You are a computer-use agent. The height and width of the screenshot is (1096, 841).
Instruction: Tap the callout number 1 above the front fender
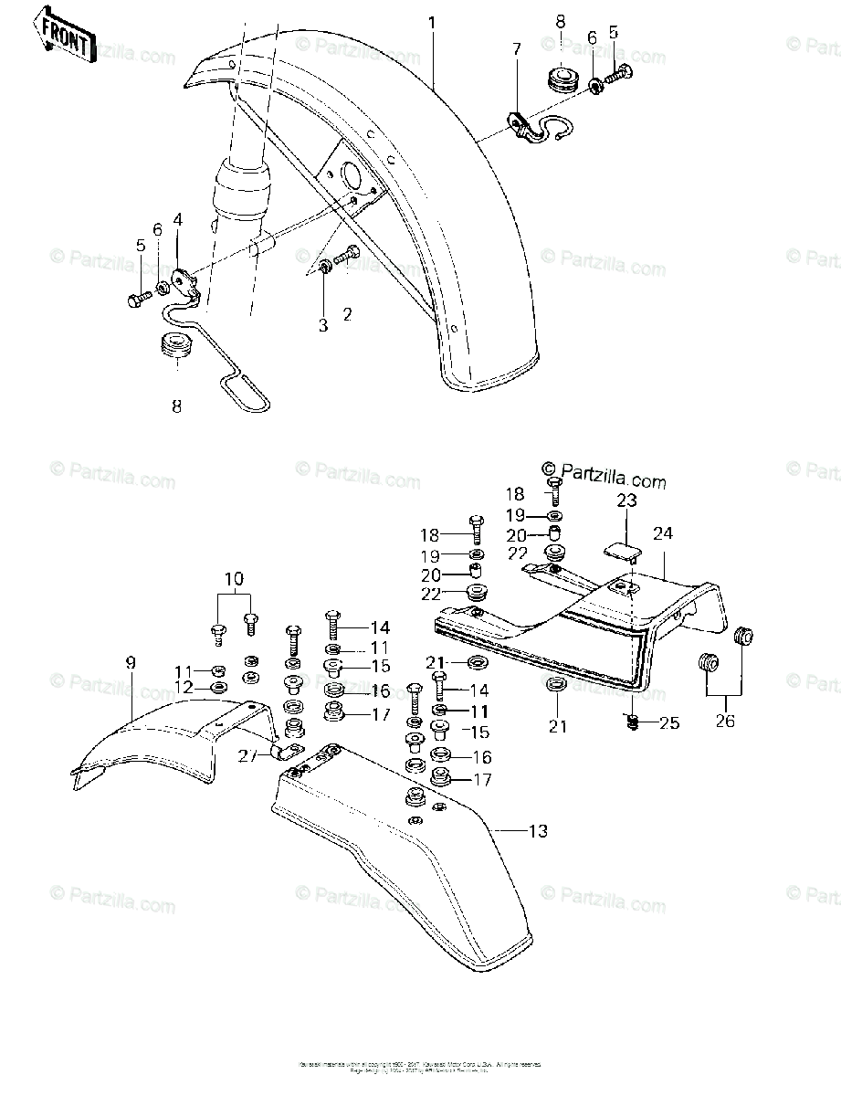click(x=435, y=21)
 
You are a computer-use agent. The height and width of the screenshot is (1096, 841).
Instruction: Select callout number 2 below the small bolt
click(x=347, y=315)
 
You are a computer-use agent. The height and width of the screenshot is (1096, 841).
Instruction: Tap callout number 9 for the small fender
click(x=130, y=662)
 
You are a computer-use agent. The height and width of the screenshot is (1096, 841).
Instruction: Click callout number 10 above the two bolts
click(x=234, y=579)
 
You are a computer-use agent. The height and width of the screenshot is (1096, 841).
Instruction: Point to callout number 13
click(x=539, y=831)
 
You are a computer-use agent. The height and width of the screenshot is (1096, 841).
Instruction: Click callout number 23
click(x=625, y=501)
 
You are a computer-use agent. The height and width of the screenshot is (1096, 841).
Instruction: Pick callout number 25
click(x=669, y=724)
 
